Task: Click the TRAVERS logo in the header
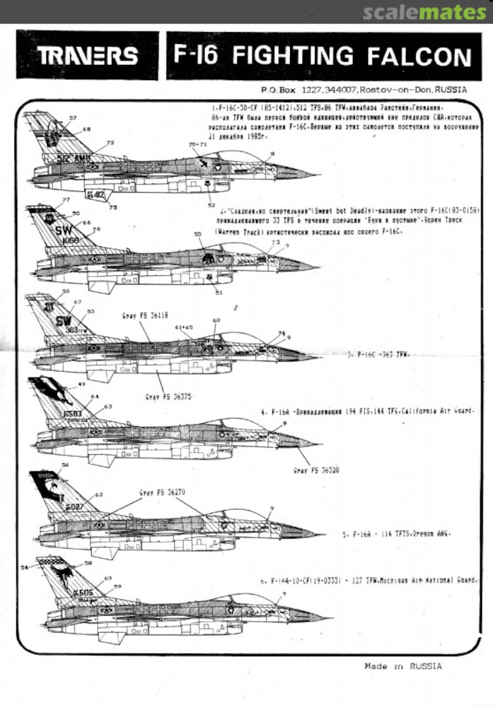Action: tap(87, 56)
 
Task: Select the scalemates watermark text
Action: tap(424, 12)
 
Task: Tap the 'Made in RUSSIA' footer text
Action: tap(403, 666)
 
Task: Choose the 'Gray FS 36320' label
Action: tap(316, 471)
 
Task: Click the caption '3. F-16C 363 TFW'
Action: tap(378, 354)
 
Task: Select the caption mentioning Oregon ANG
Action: tap(388, 534)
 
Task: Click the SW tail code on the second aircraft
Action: tap(64, 230)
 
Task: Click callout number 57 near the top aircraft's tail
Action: tap(73, 118)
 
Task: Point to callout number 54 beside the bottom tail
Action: tap(26, 567)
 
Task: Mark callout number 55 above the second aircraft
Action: tap(198, 234)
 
